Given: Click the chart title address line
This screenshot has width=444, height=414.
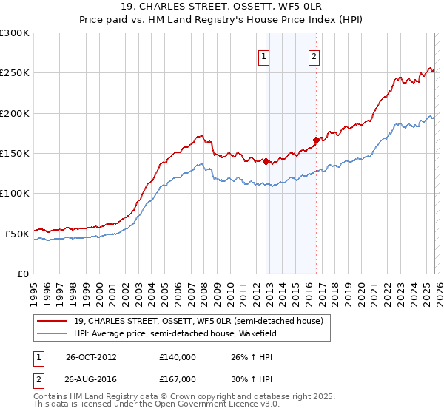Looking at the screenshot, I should (221, 7).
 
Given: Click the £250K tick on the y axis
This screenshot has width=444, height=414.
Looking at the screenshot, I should (15, 73).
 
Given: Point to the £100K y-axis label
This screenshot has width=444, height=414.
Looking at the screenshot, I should (15, 193).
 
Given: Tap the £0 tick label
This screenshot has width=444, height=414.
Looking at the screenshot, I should (22, 274).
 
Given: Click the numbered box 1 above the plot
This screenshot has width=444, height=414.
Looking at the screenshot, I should (264, 56).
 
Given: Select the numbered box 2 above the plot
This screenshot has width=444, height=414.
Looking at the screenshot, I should (314, 56).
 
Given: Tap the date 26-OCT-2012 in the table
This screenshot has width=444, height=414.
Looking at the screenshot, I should (91, 356).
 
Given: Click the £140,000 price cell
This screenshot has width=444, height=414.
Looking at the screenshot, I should (178, 356).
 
